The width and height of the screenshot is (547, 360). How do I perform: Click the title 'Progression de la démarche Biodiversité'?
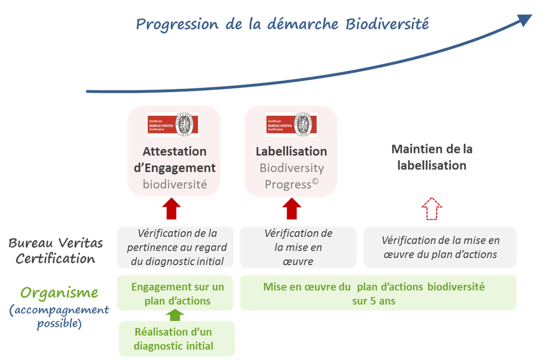pyautogui.click(x=282, y=24)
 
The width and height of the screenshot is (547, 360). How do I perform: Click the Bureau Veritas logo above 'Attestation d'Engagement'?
pyautogui.click(x=173, y=124)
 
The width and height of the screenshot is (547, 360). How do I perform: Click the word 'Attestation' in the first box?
pyautogui.click(x=175, y=152)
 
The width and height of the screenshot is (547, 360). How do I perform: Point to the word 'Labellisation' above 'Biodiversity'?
pyautogui.click(x=291, y=152)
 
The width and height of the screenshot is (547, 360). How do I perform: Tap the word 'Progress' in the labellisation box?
pyautogui.click(x=288, y=184)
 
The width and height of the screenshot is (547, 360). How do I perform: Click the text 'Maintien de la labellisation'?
pyautogui.click(x=432, y=157)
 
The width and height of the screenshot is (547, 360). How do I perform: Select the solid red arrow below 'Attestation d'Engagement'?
pyautogui.click(x=171, y=209)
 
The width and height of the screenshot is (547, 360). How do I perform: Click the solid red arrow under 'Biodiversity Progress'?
pyautogui.click(x=291, y=209)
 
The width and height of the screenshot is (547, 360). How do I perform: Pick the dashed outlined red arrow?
pyautogui.click(x=432, y=209)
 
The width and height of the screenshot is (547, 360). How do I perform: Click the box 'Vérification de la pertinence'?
pyautogui.click(x=175, y=247)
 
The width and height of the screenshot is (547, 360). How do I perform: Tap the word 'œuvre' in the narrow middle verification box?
pyautogui.click(x=298, y=261)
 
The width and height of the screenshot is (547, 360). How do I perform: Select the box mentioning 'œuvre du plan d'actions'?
pyautogui.click(x=440, y=247)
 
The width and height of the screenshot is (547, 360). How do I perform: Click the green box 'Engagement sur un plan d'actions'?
pyautogui.click(x=175, y=293)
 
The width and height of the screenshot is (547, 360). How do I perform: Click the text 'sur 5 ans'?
pyautogui.click(x=373, y=301)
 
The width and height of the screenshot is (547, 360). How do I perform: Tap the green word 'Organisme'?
pyautogui.click(x=59, y=293)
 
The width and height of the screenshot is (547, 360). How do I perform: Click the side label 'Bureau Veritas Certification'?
pyautogui.click(x=55, y=251)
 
